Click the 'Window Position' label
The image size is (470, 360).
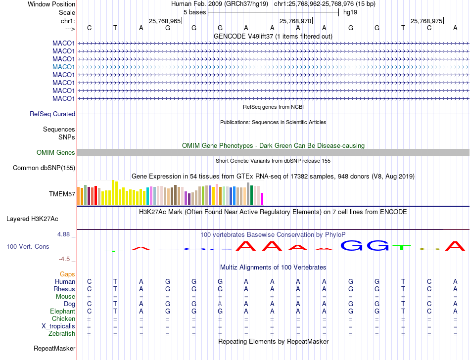(51, 4)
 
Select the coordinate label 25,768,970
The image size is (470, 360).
(295, 21)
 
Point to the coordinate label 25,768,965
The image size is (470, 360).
(165, 21)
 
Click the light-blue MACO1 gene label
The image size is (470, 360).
(63, 67)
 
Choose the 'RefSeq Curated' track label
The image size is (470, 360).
(52, 114)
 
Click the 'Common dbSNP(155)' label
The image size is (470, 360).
(44, 168)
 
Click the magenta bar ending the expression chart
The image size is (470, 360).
(262, 199)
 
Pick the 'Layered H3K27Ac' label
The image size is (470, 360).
(32, 219)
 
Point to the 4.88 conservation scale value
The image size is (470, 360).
(64, 234)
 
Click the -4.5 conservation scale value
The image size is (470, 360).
(64, 259)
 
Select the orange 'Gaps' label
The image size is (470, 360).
(67, 274)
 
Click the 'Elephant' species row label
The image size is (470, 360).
(62, 312)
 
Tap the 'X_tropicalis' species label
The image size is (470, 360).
(58, 326)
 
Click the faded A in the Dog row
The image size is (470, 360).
(220, 304)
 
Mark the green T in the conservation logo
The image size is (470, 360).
(403, 246)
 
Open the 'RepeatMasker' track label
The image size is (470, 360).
(54, 349)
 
